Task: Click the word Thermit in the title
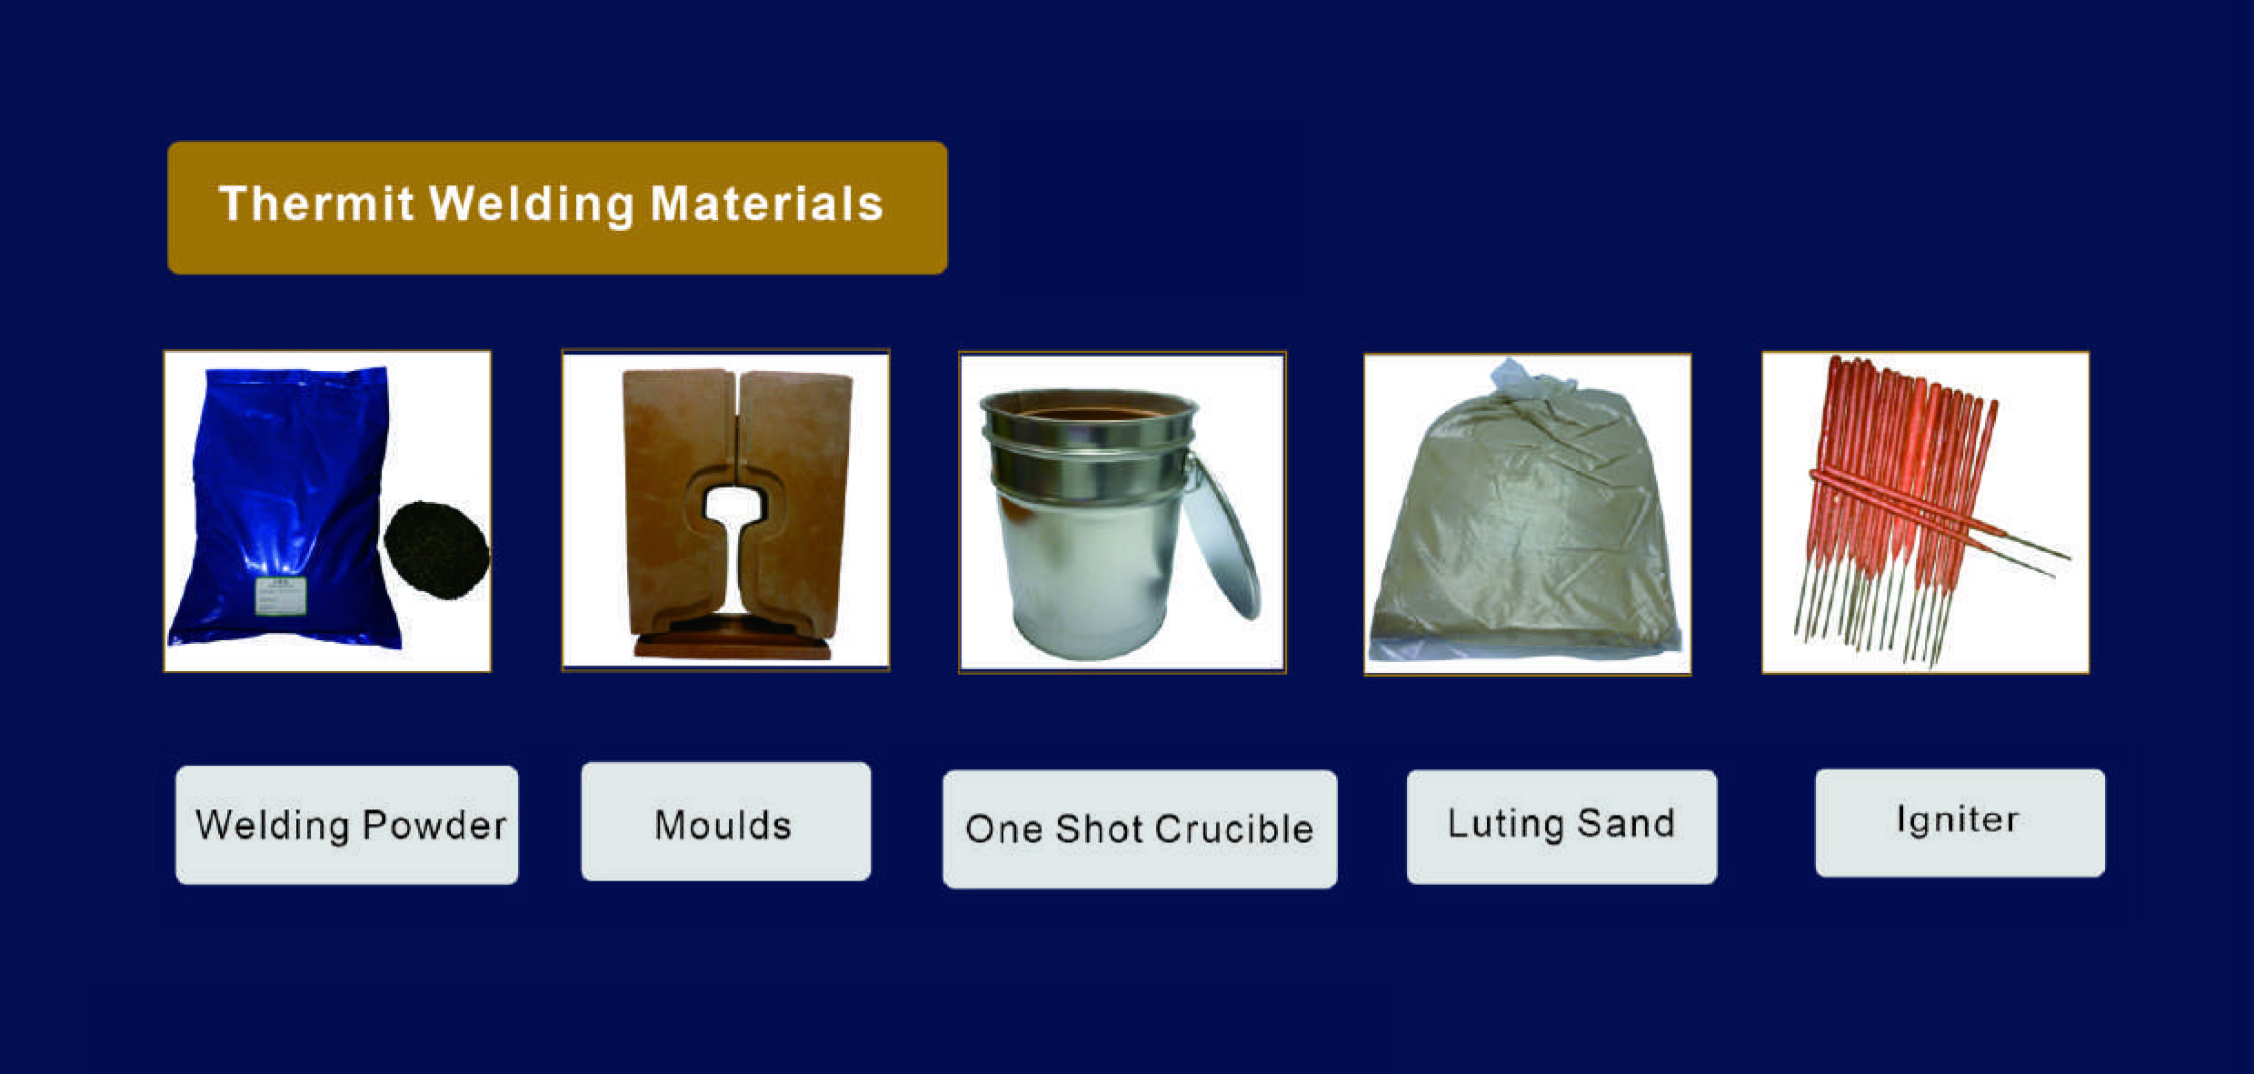pyautogui.click(x=316, y=204)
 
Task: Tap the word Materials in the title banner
pyautogui.click(x=766, y=204)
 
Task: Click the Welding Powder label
pyautogui.click(x=347, y=825)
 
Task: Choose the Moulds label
pyautogui.click(x=724, y=823)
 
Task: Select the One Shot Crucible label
pyautogui.click(x=1139, y=828)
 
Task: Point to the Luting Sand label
pyautogui.click(x=1561, y=825)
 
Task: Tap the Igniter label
pyautogui.click(x=1959, y=821)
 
